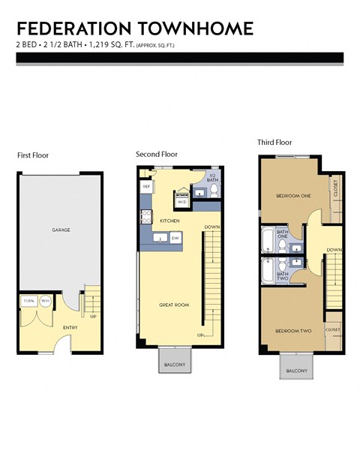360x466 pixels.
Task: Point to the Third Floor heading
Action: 274,142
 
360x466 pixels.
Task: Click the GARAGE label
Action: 61,230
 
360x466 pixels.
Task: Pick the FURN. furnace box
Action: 29,300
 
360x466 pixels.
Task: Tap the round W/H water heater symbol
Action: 45,300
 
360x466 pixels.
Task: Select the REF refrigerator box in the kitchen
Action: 146,185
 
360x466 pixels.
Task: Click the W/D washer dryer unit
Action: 182,201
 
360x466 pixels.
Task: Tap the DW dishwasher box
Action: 175,238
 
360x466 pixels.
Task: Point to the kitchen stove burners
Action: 143,218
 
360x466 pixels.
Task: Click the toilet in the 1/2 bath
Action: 214,192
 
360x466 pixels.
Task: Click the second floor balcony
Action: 175,364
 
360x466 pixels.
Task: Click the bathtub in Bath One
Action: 267,241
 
